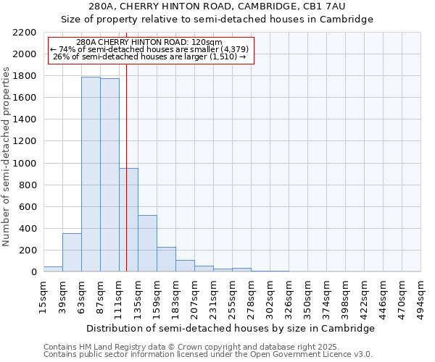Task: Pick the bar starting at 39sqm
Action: pyautogui.click(x=72, y=253)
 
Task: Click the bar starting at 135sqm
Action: pyautogui.click(x=147, y=243)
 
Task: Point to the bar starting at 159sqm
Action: pyautogui.click(x=166, y=259)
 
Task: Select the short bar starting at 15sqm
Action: pyautogui.click(x=53, y=269)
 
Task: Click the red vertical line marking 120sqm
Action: pyautogui.click(x=126, y=145)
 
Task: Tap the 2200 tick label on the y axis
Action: pyautogui.click(x=25, y=33)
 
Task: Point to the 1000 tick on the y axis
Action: pyautogui.click(x=25, y=164)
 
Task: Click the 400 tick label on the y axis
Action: pyautogui.click(x=28, y=229)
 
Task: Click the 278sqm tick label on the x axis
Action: pyautogui.click(x=251, y=296)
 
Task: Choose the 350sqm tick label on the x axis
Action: pyautogui.click(x=307, y=296)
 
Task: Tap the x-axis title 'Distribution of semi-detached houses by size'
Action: pyautogui.click(x=230, y=328)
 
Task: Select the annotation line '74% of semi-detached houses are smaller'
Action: pyautogui.click(x=149, y=49)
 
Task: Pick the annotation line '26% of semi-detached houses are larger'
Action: pyautogui.click(x=149, y=56)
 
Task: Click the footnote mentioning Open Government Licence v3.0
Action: pyautogui.click(x=208, y=355)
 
